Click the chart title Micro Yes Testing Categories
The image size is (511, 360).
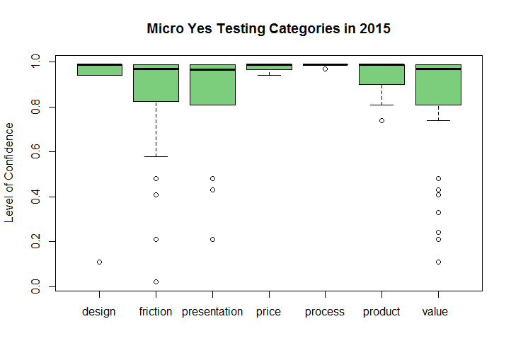pos(268,29)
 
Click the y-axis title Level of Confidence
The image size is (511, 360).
pos(9,172)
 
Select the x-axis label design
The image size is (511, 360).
pos(99,311)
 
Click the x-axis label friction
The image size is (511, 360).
pos(156,311)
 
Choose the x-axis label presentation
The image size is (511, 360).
pos(212,311)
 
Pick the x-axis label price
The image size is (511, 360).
pos(268,311)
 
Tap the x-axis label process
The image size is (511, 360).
pos(325,311)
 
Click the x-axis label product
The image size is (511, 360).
pos(381,311)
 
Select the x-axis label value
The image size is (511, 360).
pos(435,311)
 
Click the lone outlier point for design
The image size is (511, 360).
pos(99,262)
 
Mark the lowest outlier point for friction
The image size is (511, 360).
pos(156,281)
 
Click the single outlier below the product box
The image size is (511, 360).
pos(381,120)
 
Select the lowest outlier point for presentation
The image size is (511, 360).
pos(212,239)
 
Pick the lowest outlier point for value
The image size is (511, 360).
pos(438,262)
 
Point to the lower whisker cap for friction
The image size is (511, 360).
pos(156,156)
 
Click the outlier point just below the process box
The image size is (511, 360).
pos(325,69)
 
